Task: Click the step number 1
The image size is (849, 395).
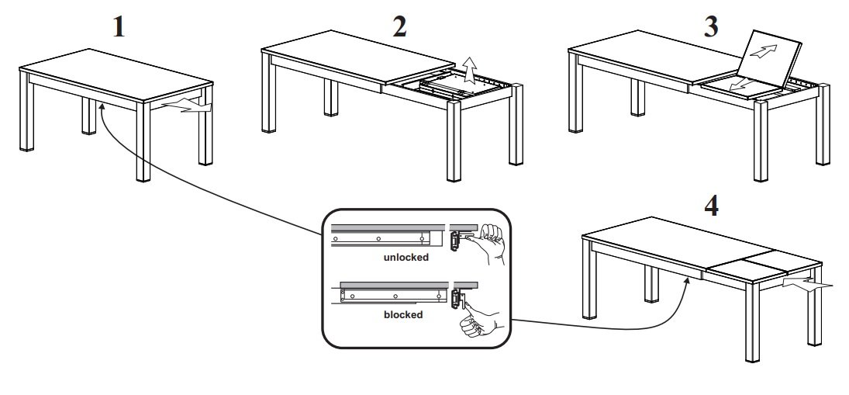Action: [x=119, y=27]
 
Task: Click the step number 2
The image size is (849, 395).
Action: [x=399, y=27]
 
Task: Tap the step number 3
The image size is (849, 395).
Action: [x=711, y=27]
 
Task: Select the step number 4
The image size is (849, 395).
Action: [x=712, y=206]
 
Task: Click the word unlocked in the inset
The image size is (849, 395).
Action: [x=406, y=258]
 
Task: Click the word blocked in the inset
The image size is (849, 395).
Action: [x=403, y=315]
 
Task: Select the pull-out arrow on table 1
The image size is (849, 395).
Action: [x=186, y=105]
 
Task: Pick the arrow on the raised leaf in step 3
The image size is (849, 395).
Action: [x=764, y=51]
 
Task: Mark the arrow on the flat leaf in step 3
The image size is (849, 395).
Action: [x=741, y=84]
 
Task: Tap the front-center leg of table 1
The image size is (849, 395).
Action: [x=143, y=141]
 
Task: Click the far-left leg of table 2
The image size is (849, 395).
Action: [x=268, y=92]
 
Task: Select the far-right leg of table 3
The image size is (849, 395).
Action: [x=823, y=124]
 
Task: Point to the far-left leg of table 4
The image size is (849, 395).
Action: [x=589, y=279]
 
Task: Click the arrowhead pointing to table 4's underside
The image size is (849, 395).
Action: [x=686, y=282]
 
